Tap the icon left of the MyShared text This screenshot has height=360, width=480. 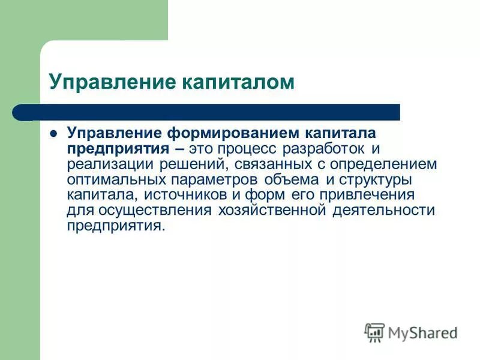tap(374, 332)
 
